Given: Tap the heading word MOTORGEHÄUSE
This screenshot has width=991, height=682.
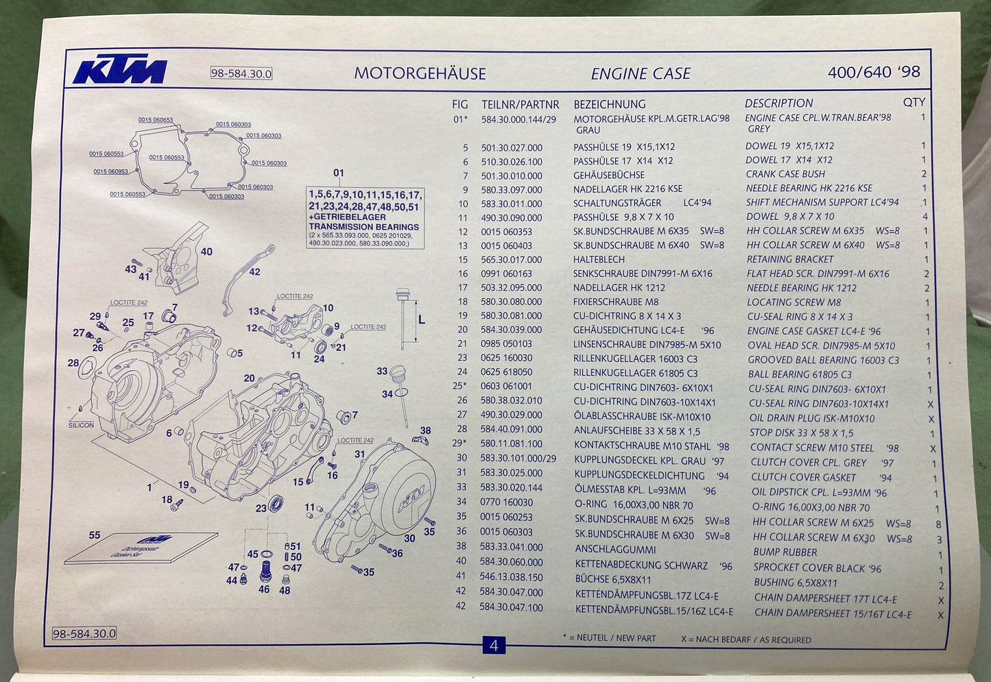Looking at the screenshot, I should (420, 73).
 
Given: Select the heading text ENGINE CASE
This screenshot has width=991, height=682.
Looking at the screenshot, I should (641, 73).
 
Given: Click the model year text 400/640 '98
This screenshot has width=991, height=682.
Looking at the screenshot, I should (874, 72).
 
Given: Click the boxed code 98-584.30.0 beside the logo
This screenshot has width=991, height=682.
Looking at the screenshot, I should (241, 73).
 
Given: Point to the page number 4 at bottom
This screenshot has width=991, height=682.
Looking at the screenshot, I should (494, 645).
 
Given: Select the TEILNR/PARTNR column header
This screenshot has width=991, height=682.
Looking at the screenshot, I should (520, 104).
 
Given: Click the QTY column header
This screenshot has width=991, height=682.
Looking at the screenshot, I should (914, 102).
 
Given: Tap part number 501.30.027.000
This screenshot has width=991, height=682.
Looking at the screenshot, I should (511, 147).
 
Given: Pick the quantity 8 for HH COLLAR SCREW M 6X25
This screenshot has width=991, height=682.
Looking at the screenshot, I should (938, 524).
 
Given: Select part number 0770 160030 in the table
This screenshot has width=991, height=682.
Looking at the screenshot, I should (506, 502).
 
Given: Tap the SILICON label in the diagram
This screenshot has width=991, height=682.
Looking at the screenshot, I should (81, 425).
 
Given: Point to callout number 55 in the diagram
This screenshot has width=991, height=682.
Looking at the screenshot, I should (95, 535).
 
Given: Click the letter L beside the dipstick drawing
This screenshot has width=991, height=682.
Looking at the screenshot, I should (421, 319).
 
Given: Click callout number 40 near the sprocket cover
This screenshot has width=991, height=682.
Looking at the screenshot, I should (206, 252).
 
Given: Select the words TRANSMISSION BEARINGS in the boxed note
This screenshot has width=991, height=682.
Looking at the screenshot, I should (363, 227).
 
